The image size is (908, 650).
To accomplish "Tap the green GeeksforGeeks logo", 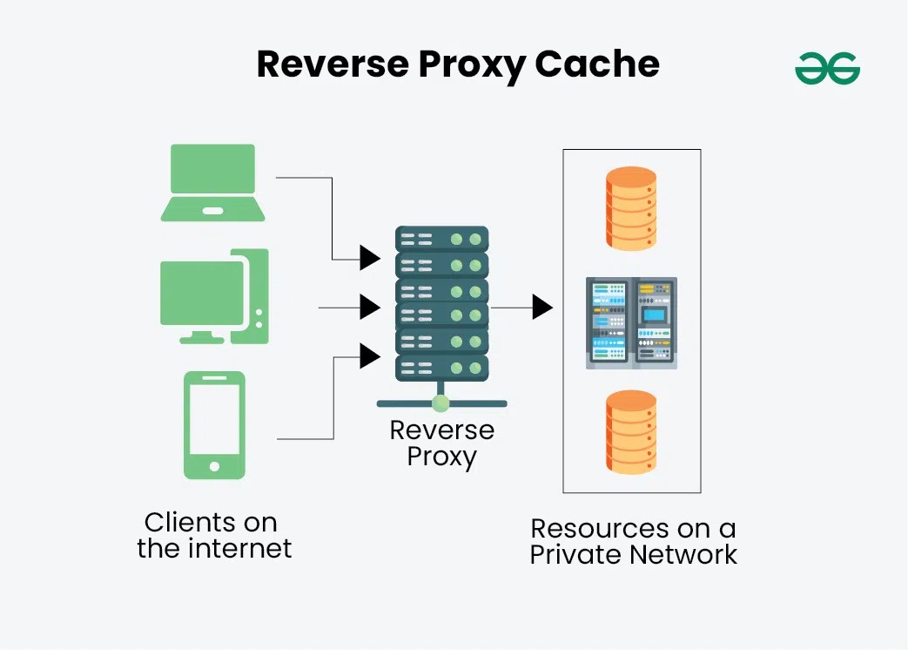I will click(x=827, y=68).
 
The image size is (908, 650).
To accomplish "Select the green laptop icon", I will click(x=212, y=183).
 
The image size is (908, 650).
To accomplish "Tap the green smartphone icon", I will click(x=214, y=424).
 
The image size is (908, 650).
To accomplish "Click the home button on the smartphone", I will click(x=214, y=466).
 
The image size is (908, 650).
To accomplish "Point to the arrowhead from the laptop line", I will click(x=370, y=257).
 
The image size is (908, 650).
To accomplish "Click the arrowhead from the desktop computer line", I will click(x=370, y=307).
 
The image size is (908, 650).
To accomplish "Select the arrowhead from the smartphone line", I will click(x=370, y=355).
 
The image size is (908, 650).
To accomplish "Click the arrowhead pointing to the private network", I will click(x=542, y=307).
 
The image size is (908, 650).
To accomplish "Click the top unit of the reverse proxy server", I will click(x=441, y=239).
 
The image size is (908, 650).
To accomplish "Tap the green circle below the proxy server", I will click(x=441, y=403).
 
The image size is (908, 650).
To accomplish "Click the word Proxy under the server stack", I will click(x=441, y=457).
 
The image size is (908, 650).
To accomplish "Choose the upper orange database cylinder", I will click(x=631, y=208).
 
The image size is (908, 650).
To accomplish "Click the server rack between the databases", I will click(x=631, y=321).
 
